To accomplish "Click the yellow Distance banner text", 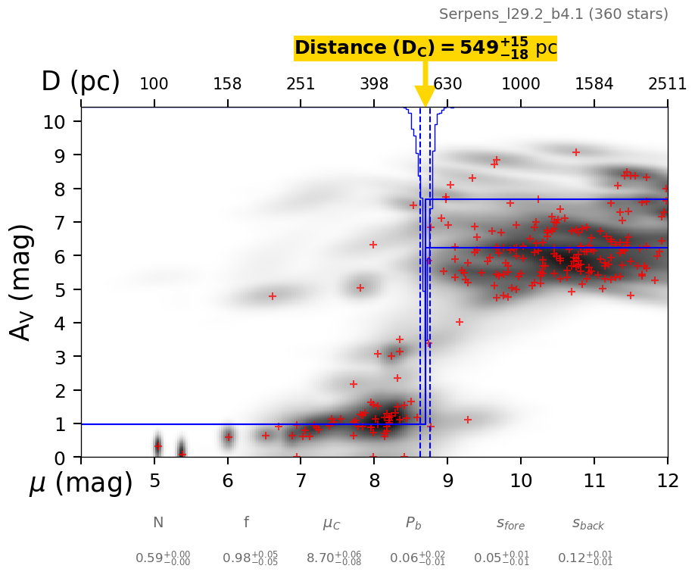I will coord(425,48).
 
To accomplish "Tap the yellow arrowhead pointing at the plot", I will coord(425,97).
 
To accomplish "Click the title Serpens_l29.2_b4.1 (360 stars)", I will coord(553,14).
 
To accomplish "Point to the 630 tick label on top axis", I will coord(447,84).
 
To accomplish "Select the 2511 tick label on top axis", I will coord(667,84).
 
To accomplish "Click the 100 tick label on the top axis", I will coord(154,84).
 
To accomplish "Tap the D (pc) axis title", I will coord(80,82).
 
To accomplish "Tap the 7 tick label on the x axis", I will coord(301,481).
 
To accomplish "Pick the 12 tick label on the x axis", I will coord(667,481).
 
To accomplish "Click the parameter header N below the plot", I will coord(157,523).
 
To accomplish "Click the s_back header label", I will coord(587,523).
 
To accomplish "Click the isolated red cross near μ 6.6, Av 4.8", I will coord(273,296).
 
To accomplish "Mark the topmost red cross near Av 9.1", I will coord(575,152).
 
